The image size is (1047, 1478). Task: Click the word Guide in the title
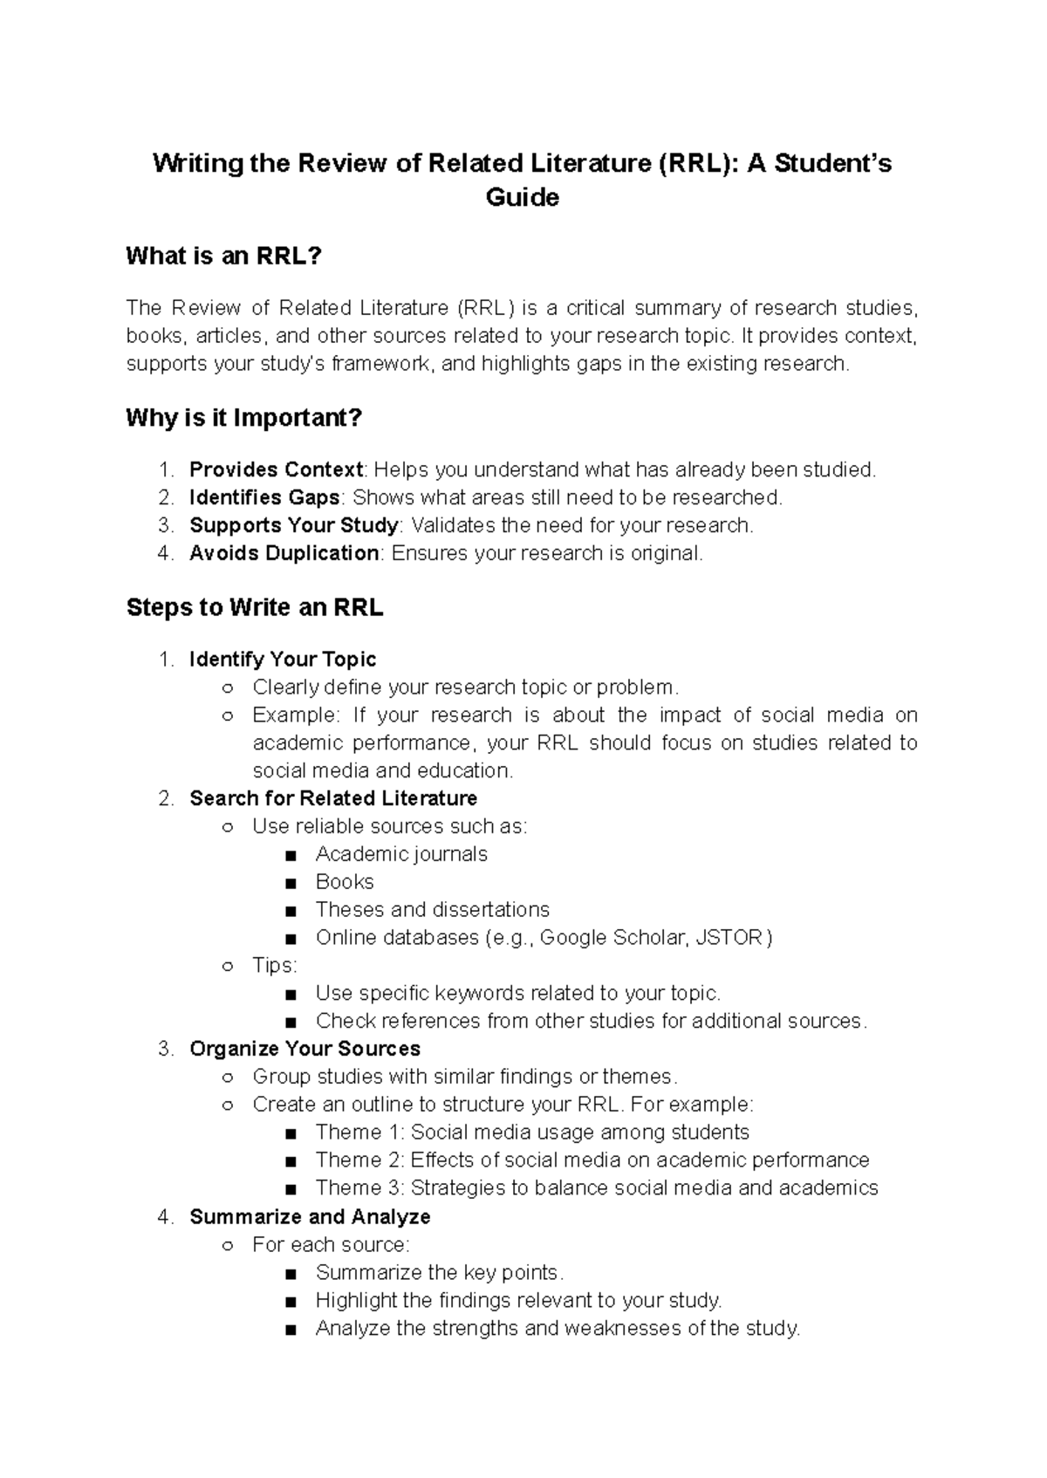tap(522, 198)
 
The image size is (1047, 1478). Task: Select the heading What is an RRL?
tap(224, 257)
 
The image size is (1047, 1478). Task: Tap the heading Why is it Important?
tap(243, 419)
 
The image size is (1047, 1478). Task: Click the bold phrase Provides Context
tap(276, 470)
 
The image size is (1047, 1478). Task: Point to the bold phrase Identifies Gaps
tap(264, 498)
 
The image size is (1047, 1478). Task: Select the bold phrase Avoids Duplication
tap(284, 554)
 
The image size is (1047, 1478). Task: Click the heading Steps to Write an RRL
tap(255, 608)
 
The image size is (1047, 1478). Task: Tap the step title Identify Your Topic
tap(283, 660)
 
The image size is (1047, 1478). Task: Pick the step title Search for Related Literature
tap(333, 799)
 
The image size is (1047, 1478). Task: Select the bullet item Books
tap(345, 883)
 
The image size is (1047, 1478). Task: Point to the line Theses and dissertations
tap(432, 911)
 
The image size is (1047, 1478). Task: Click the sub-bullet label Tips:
tap(275, 967)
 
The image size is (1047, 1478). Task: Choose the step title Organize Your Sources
tap(305, 1050)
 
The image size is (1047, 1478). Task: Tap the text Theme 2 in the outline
tap(349, 1161)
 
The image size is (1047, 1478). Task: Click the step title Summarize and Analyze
tap(310, 1217)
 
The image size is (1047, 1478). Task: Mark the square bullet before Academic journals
tap(291, 855)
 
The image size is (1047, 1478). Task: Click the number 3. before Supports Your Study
tap(166, 526)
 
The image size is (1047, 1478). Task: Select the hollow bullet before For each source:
tap(228, 1246)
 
